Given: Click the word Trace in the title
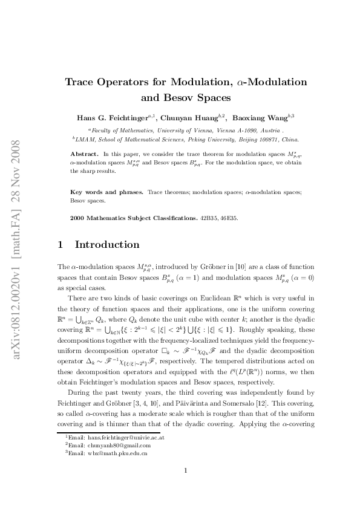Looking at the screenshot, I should coord(82,82).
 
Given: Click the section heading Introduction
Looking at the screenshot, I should coord(107,245).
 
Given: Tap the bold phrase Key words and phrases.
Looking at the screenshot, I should coord(106,192).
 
